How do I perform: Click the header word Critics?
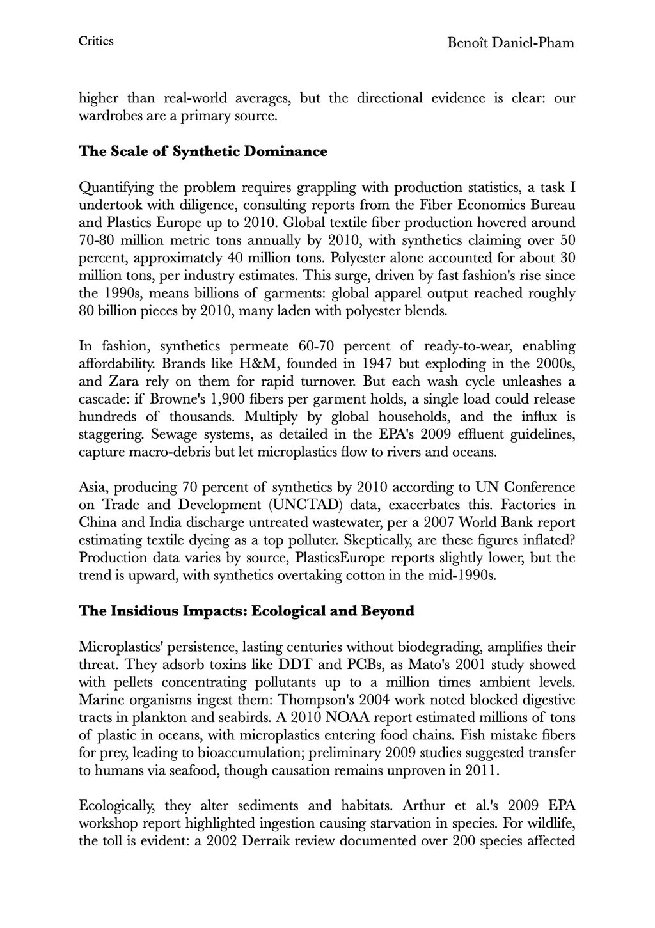(96, 42)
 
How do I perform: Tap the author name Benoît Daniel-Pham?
(510, 43)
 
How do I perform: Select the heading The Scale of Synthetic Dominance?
(203, 152)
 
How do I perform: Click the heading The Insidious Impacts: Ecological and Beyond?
(246, 611)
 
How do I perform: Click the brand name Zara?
(120, 382)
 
